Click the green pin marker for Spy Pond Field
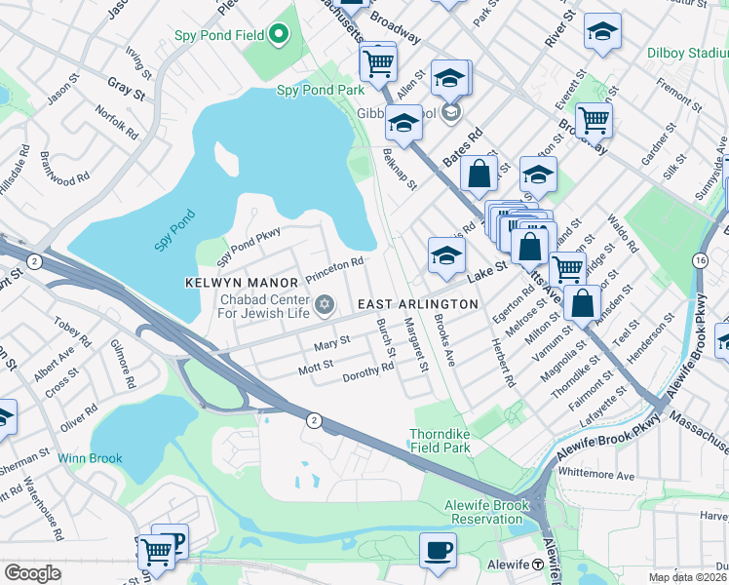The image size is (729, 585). coord(279,36)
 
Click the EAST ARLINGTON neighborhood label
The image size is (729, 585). coord(417,304)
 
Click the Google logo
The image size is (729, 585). coord(32,573)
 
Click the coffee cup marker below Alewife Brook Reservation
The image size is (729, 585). coord(438,549)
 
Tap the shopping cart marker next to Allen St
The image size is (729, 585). coord(377,64)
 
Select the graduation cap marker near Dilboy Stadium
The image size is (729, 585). coord(602,31)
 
